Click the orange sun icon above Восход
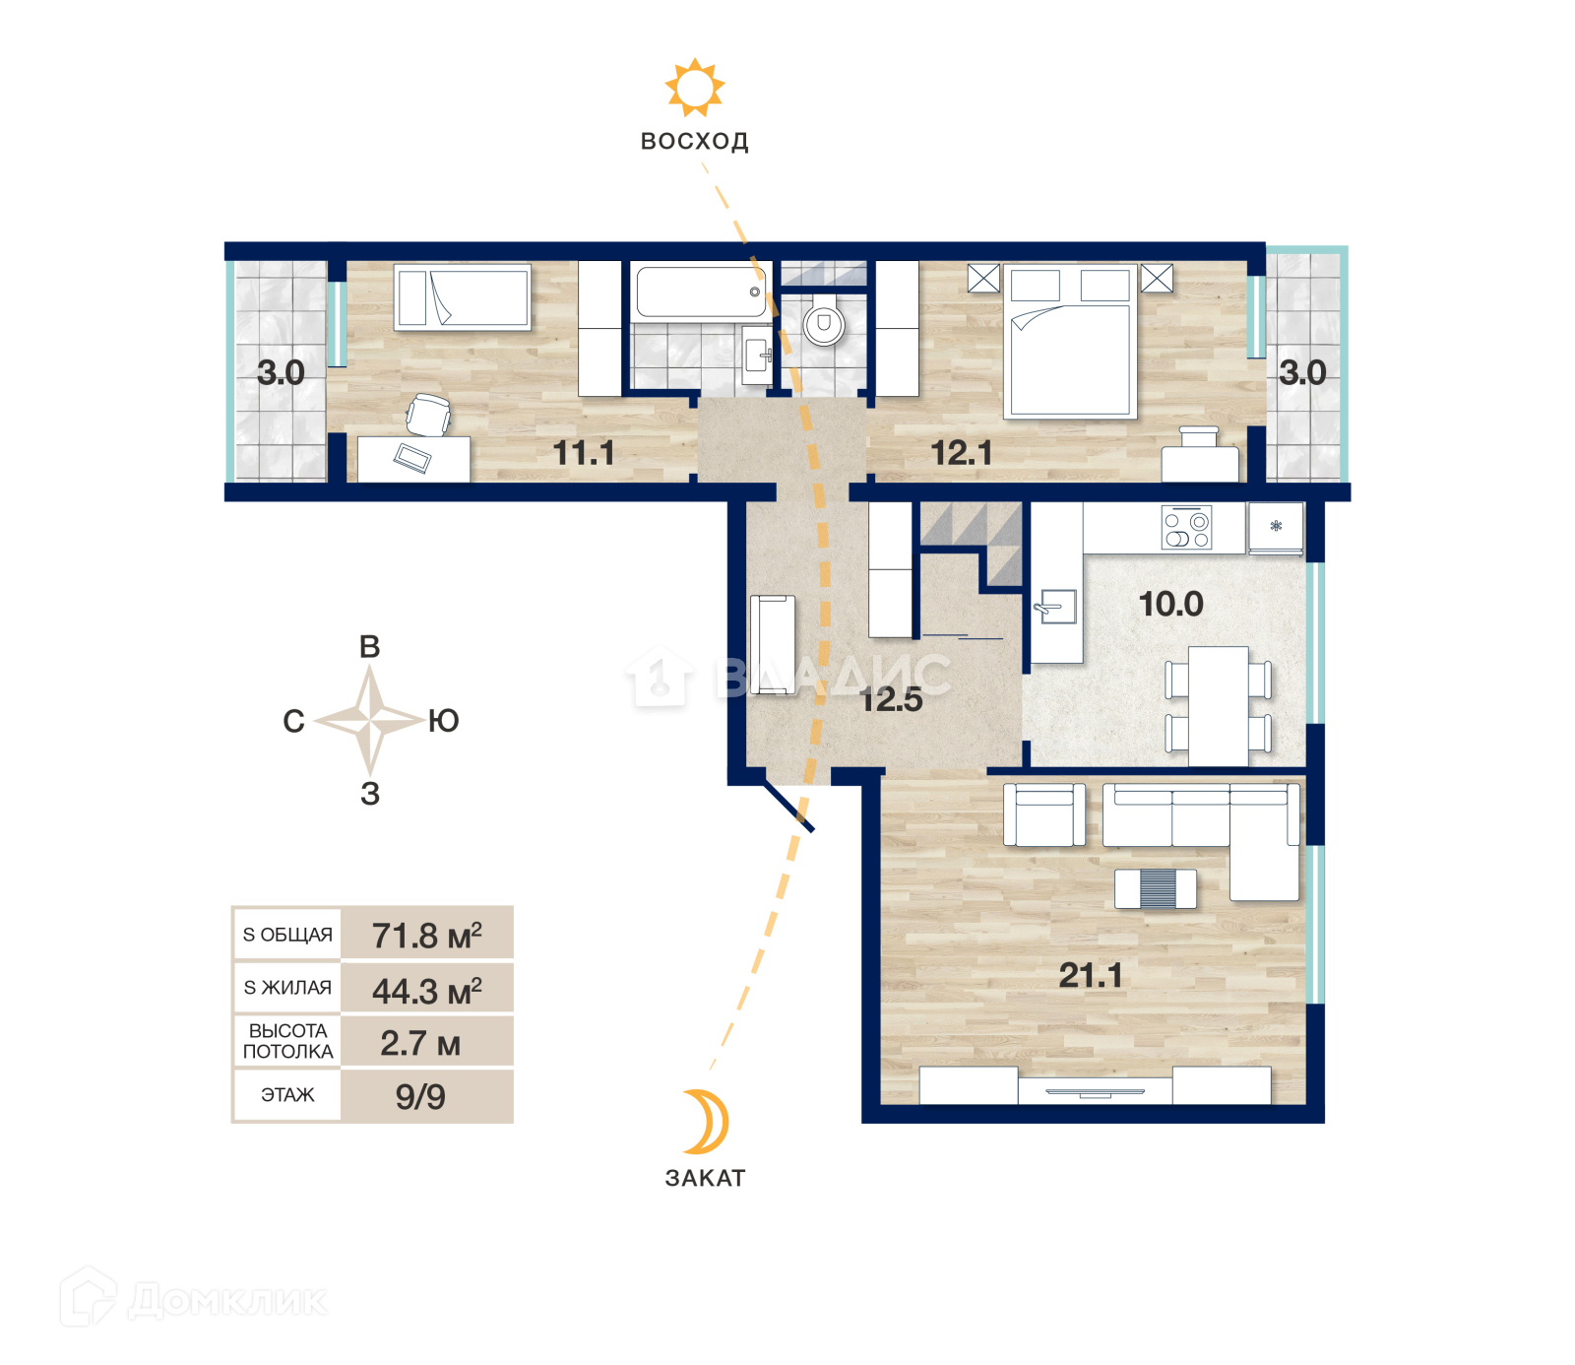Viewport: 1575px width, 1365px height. (x=695, y=88)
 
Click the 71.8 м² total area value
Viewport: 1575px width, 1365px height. (x=427, y=935)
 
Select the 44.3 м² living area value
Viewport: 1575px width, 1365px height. (x=427, y=990)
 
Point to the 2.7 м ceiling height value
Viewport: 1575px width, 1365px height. (x=420, y=1043)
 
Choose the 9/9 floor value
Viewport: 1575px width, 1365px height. (x=420, y=1096)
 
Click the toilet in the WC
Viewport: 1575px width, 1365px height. (x=824, y=323)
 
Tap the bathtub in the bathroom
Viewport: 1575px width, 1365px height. (x=701, y=292)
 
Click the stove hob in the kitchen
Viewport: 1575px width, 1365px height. (x=1186, y=528)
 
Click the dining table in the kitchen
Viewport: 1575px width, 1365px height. (x=1218, y=705)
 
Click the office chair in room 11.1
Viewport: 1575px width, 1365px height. (x=428, y=414)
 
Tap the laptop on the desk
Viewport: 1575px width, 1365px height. (x=412, y=458)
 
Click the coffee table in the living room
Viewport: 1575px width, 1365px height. (x=1156, y=888)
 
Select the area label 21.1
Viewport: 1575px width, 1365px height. (x=1091, y=975)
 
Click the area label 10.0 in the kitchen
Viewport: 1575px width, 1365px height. (x=1170, y=604)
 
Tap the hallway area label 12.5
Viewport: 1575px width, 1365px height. (x=891, y=699)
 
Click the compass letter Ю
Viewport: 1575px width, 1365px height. (x=444, y=721)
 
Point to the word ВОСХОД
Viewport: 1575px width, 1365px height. (x=695, y=141)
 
